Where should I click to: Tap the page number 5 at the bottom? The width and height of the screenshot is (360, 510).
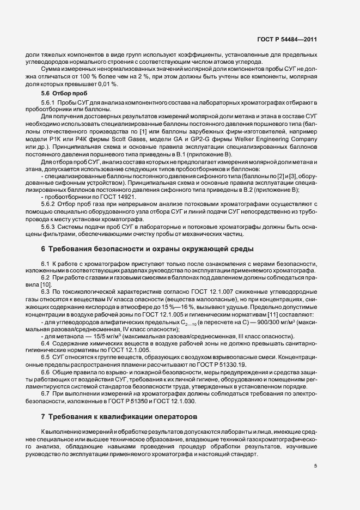pos(315,465)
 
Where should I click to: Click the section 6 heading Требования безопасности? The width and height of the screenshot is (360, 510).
pos(147,249)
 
